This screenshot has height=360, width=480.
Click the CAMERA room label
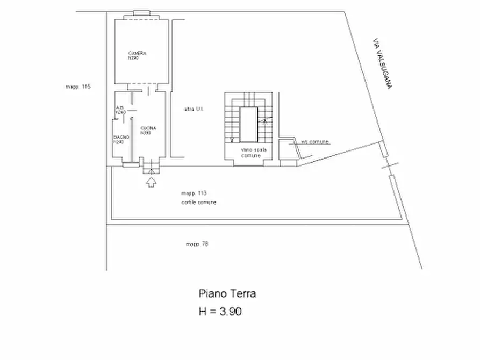(138, 54)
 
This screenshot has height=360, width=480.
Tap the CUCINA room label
(148, 128)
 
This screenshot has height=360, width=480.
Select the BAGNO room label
(119, 137)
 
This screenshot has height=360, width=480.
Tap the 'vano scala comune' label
(250, 152)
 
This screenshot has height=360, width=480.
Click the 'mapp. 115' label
(78, 86)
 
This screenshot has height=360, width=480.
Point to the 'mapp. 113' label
(194, 192)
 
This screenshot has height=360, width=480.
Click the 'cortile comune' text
(199, 202)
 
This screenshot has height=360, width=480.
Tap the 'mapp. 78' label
(197, 244)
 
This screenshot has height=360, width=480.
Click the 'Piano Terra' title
(227, 293)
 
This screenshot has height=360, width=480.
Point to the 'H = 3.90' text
(220, 311)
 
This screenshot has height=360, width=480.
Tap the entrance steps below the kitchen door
(152, 170)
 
